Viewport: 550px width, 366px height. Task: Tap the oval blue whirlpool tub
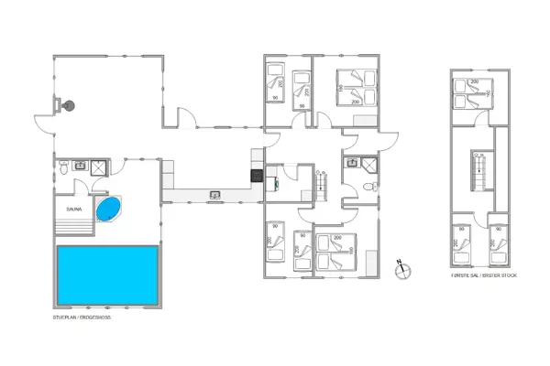108,210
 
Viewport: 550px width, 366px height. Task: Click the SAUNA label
74,210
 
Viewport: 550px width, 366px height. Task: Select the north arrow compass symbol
401,268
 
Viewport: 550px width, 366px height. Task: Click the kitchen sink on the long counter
214,193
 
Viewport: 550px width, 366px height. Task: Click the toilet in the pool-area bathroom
61,167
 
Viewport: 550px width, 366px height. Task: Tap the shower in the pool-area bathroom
99,167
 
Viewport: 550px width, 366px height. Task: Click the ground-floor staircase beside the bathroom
323,186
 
